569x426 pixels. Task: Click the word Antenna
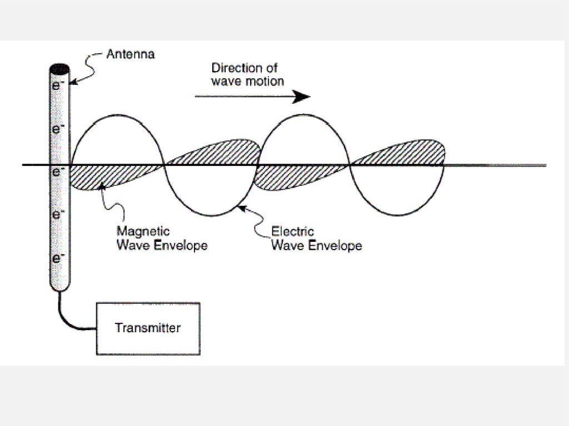point(131,55)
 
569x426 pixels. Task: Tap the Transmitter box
point(148,328)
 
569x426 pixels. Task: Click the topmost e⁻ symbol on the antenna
point(57,85)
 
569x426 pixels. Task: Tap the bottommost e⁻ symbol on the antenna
point(57,258)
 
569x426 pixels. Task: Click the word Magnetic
point(143,231)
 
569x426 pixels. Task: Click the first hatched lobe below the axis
point(111,176)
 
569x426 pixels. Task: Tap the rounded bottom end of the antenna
point(58,285)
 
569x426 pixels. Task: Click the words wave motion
point(248,81)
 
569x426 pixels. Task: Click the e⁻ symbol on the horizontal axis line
point(57,171)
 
